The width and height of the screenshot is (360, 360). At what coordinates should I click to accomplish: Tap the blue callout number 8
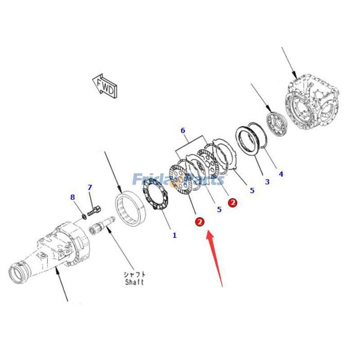(72, 197)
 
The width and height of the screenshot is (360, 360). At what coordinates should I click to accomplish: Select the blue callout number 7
(90, 188)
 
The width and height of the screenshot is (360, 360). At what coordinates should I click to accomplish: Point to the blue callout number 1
(175, 235)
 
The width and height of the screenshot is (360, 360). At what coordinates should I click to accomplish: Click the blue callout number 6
(183, 130)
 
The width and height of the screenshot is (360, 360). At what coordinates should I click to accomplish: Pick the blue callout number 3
(267, 182)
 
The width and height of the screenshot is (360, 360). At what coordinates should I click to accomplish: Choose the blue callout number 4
(281, 174)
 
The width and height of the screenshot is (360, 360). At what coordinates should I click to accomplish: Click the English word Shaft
(135, 282)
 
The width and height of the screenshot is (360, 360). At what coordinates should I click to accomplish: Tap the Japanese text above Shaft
(135, 274)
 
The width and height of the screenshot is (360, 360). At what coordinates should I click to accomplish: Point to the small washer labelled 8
(85, 216)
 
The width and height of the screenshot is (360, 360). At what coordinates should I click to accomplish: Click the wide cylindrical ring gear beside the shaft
(130, 208)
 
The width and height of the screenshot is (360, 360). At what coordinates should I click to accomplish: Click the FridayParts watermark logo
(178, 179)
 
